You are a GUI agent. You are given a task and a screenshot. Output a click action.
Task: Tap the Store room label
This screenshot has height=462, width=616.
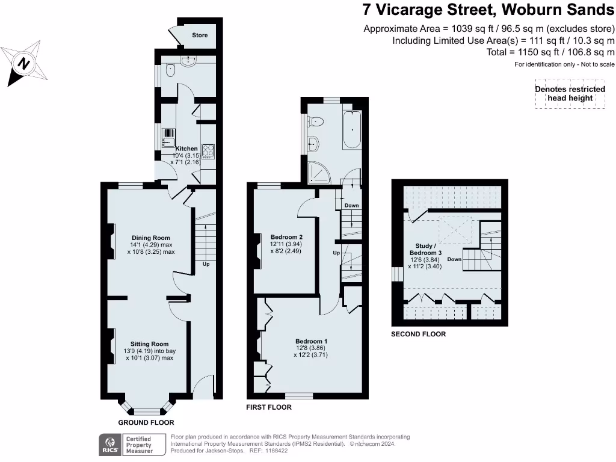[200, 35]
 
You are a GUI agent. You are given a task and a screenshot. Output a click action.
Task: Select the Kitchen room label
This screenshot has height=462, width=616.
[186, 149]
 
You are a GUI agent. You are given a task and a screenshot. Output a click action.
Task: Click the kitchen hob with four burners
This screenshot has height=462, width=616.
[208, 150]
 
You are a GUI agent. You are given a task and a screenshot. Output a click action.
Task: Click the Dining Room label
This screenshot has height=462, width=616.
[150, 238]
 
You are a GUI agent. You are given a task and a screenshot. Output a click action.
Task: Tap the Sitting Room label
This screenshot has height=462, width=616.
[150, 344]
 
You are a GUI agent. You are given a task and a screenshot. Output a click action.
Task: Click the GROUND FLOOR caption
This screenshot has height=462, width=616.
[141, 423]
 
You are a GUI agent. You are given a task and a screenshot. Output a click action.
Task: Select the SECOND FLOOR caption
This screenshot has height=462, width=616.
[418, 334]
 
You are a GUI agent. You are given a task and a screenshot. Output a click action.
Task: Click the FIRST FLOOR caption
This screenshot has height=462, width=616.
[268, 407]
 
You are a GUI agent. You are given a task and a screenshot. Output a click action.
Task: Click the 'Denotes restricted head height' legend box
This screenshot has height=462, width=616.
[570, 94]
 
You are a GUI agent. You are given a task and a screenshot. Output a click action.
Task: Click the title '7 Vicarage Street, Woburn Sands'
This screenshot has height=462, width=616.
[488, 10]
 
